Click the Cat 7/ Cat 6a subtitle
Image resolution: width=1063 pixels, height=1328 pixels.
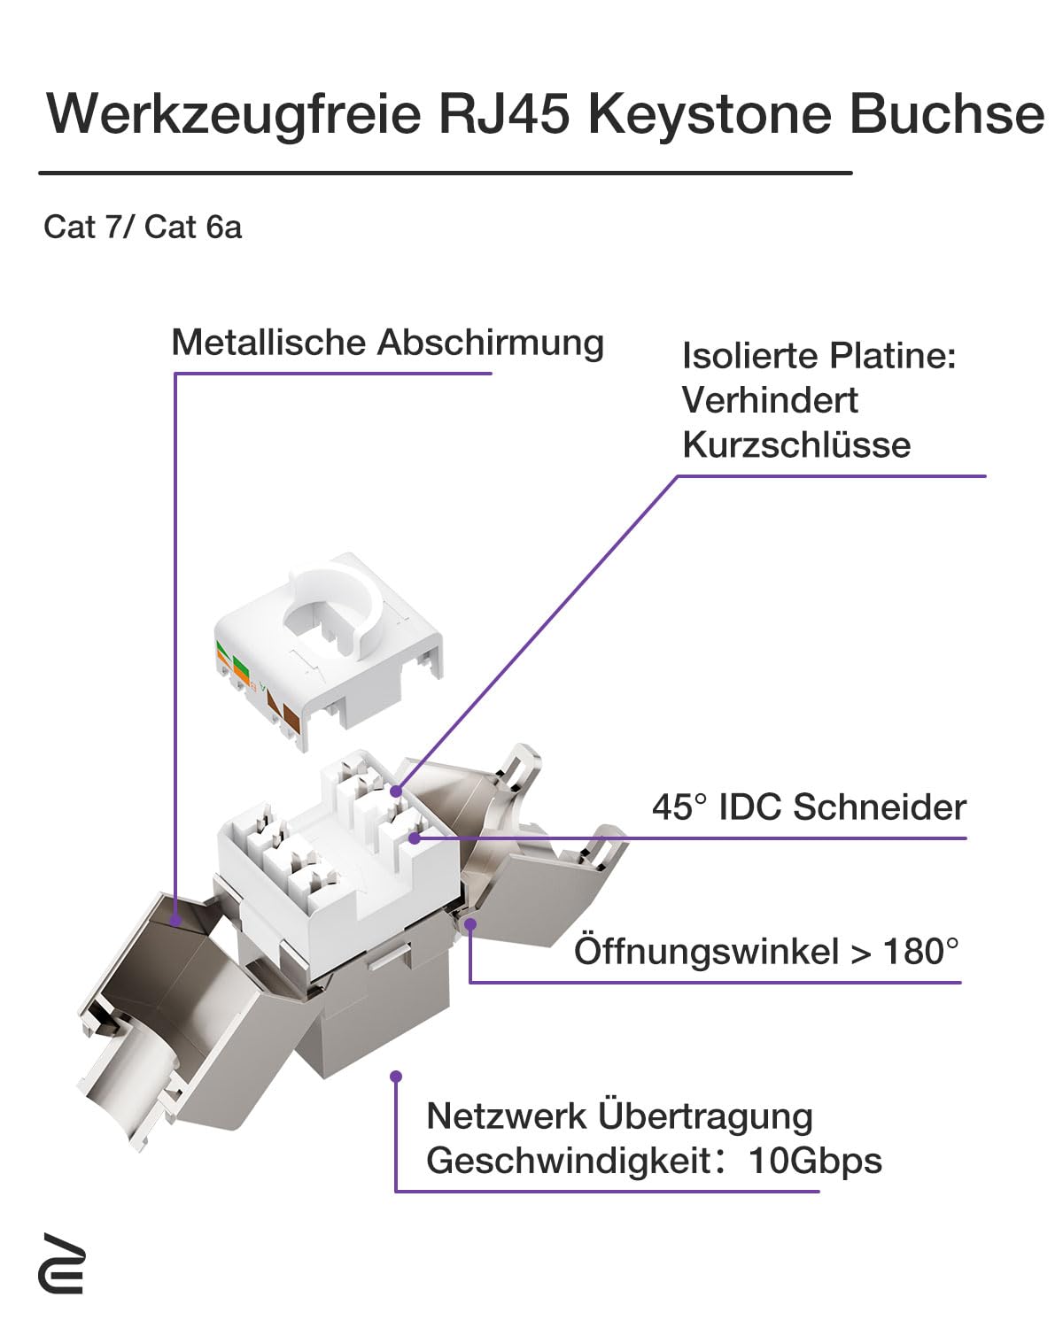point(143,228)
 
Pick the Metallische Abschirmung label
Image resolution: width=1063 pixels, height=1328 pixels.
point(387,343)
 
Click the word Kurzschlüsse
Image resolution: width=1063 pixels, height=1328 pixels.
point(795,444)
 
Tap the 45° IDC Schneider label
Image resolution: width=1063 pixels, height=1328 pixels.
point(809,807)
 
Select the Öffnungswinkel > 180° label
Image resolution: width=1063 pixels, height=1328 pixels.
point(766,952)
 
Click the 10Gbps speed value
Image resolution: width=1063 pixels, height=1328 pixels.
point(815,1160)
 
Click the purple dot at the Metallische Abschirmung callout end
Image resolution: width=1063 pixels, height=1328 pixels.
point(176,922)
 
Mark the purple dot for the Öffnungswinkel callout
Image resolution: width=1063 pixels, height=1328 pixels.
point(471,924)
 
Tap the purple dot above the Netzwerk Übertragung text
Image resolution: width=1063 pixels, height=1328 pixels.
point(396,1077)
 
